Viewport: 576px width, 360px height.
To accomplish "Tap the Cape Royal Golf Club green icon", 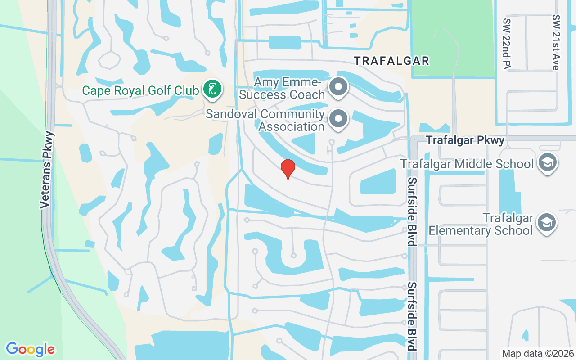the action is (x=211, y=89).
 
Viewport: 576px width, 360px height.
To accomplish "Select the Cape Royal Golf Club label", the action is (x=140, y=91).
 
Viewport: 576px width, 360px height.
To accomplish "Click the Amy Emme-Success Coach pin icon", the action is (x=339, y=87).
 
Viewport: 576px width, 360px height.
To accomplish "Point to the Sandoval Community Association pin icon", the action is (x=339, y=119).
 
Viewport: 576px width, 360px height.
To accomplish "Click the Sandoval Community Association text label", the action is (x=265, y=121).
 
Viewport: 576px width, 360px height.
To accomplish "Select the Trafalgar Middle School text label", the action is (x=467, y=163).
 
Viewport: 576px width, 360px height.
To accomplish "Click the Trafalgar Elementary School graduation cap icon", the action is (x=547, y=222).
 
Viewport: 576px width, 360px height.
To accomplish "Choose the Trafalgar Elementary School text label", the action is (x=481, y=225).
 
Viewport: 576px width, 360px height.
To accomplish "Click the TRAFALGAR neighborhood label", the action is (x=391, y=61).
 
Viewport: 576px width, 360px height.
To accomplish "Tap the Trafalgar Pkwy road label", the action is (x=465, y=140).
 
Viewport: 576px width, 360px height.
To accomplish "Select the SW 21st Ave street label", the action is (x=557, y=42).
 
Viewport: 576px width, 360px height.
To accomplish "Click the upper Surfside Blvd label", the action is (x=411, y=211).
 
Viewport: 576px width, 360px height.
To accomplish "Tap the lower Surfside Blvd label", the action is (x=411, y=316).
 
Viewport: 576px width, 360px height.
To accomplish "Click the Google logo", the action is (x=31, y=349).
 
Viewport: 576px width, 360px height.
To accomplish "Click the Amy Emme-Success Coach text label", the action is (x=282, y=89).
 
